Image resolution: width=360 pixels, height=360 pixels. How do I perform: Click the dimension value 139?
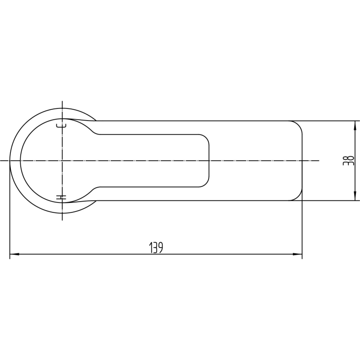click(x=156, y=247)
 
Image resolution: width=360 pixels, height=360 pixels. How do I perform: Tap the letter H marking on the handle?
click(x=61, y=197)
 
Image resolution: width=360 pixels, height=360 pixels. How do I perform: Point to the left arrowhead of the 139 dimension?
click(x=14, y=254)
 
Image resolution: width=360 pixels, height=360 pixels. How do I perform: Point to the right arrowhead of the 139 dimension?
click(x=297, y=254)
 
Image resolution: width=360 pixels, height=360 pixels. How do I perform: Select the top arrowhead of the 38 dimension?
click(x=355, y=125)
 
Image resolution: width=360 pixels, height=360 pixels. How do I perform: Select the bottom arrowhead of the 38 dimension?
click(x=355, y=196)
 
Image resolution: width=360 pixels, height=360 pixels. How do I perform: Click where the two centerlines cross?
click(x=62, y=161)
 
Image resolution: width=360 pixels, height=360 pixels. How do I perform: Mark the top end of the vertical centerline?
click(x=62, y=101)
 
